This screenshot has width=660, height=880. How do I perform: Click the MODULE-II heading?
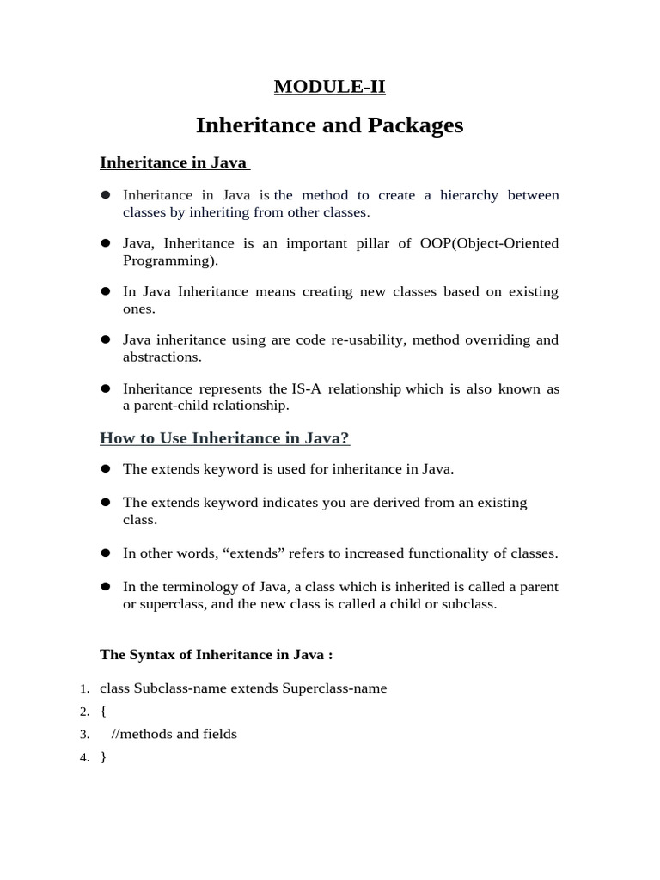coord(329,86)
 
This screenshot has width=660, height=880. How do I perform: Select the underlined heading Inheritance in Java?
coord(173,162)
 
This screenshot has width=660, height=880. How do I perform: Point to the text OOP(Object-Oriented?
coord(488,243)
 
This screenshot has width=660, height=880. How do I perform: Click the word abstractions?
coord(162,357)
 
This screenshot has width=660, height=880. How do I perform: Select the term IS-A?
coord(306,388)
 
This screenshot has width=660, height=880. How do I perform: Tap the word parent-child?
coord(168,406)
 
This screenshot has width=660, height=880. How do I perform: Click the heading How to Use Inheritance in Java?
coord(224,438)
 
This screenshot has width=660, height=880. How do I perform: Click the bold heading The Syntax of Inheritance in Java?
coord(216,655)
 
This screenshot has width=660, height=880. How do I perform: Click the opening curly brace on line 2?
coord(103,712)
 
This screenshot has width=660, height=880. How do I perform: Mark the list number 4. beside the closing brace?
coord(85,758)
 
